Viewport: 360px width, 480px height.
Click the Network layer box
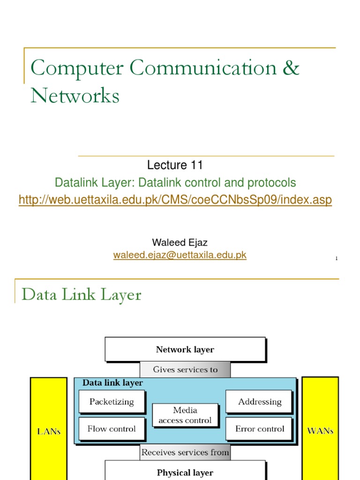[x=185, y=349]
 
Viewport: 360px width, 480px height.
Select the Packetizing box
[x=112, y=402]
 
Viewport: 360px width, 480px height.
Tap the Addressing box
[x=259, y=402]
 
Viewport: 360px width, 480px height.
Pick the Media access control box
[x=185, y=415]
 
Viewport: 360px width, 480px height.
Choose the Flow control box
[x=112, y=429]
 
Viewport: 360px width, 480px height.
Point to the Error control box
[x=259, y=429]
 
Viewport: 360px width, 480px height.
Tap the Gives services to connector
[x=185, y=369]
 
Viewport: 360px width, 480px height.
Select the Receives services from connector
[x=185, y=452]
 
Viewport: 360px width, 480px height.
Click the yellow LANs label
[x=49, y=431]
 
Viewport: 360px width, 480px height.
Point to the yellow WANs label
[x=320, y=431]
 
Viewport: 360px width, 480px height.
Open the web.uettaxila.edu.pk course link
[x=175, y=200]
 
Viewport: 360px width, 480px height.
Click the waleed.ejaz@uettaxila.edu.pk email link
[x=180, y=255]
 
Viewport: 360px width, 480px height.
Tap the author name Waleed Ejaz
[x=180, y=242]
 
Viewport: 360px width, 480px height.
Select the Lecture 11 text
[x=175, y=165]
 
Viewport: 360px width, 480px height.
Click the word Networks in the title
[x=75, y=96]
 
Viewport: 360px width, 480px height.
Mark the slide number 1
[x=336, y=258]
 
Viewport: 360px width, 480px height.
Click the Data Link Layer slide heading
[x=82, y=295]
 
